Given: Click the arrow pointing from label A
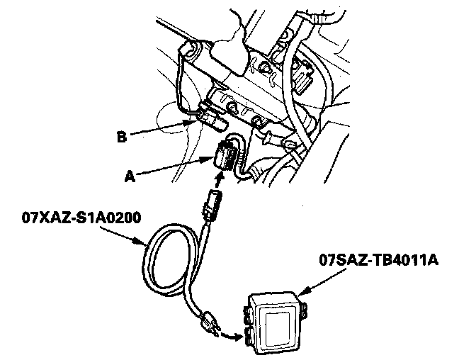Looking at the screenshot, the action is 174,168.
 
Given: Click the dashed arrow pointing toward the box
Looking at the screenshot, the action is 229,332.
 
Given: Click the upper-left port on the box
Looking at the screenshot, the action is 248,310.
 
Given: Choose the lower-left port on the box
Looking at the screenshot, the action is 248,334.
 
